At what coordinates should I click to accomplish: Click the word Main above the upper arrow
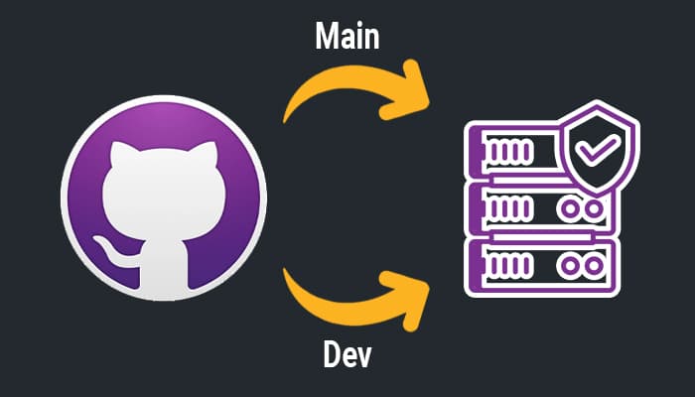tap(348, 38)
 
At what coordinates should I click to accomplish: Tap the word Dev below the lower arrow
tap(347, 355)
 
